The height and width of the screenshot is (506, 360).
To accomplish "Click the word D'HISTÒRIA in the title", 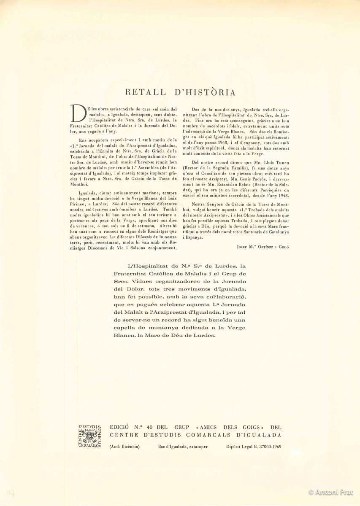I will point(204,92).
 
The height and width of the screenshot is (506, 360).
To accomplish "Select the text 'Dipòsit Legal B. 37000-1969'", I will point(254,447).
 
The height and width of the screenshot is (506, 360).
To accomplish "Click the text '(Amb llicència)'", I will point(125,447).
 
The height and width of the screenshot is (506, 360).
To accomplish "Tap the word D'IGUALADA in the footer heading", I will point(258,435).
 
